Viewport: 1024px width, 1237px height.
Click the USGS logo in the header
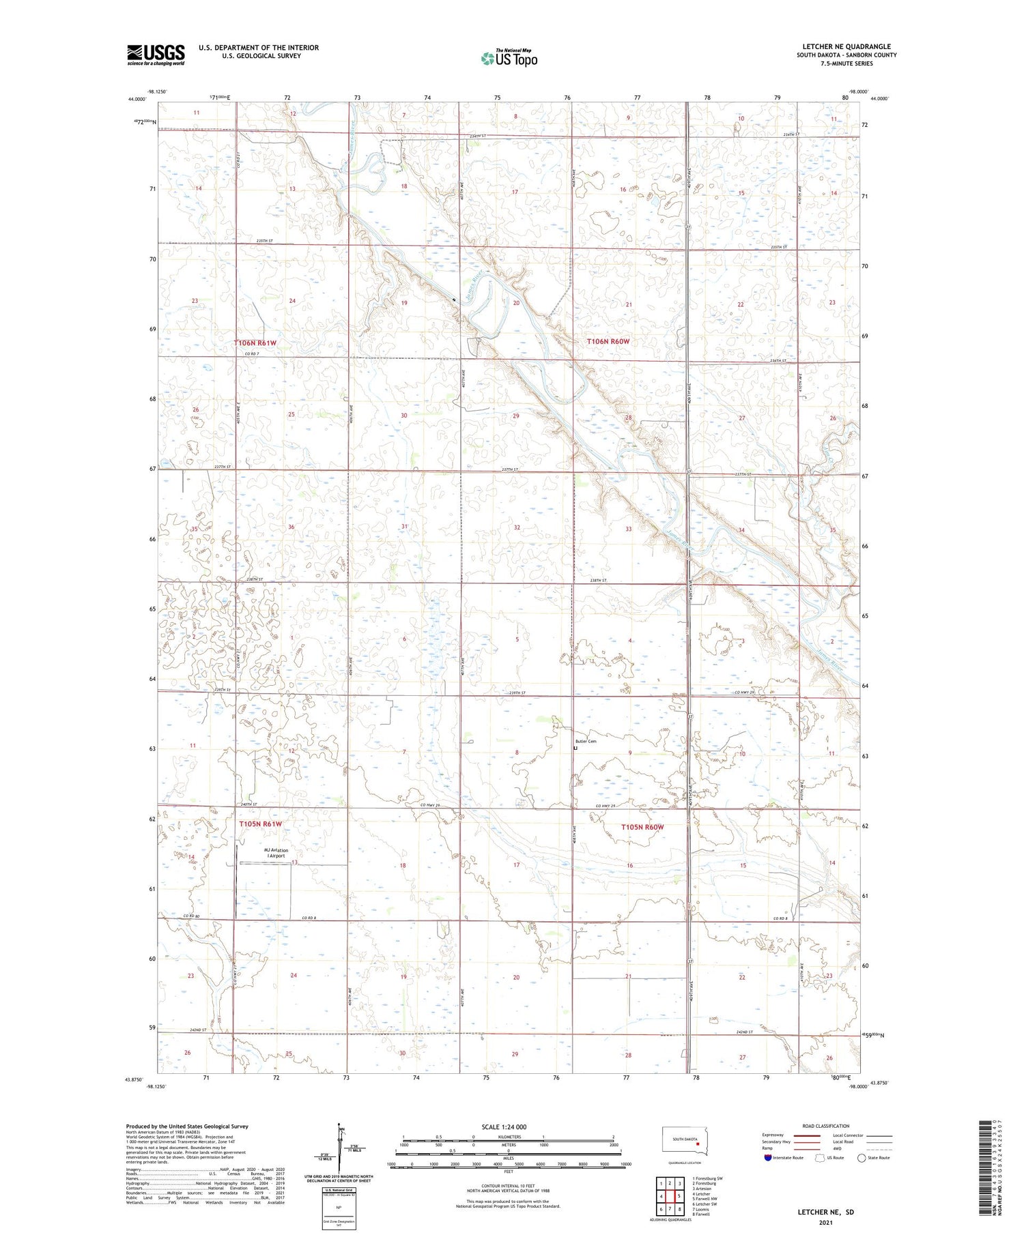pyautogui.click(x=156, y=55)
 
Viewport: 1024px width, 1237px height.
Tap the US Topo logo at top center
pyautogui.click(x=509, y=58)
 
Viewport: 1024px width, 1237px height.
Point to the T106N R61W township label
pyautogui.click(x=255, y=343)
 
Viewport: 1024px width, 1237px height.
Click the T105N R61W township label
pyautogui.click(x=260, y=824)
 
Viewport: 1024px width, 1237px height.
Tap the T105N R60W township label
pyautogui.click(x=642, y=827)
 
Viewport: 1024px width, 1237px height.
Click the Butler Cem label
pyautogui.click(x=586, y=741)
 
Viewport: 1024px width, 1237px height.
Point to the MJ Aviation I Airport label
pyautogui.click(x=276, y=853)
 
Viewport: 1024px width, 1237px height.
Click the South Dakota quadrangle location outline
pyautogui.click(x=685, y=1141)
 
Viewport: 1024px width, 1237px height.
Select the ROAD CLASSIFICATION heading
pyautogui.click(x=826, y=1126)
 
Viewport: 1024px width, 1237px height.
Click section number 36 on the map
pyautogui.click(x=291, y=527)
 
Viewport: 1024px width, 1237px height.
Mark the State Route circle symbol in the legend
pyautogui.click(x=862, y=1158)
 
